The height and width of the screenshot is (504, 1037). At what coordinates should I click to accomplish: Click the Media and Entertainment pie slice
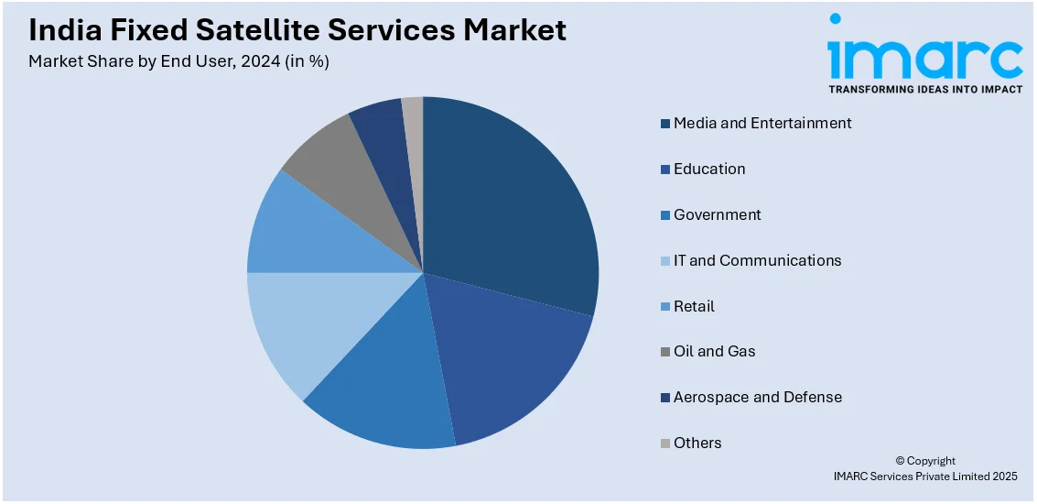click(x=513, y=202)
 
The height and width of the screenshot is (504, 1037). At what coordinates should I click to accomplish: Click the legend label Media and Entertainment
click(x=762, y=123)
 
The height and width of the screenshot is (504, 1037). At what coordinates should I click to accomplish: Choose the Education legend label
click(x=709, y=169)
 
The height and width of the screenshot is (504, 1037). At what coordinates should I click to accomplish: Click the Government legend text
click(x=718, y=214)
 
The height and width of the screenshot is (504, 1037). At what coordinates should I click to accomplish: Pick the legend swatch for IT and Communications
click(x=665, y=261)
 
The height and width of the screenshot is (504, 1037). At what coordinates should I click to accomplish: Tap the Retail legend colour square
click(x=665, y=307)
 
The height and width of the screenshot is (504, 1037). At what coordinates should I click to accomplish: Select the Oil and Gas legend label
click(x=715, y=351)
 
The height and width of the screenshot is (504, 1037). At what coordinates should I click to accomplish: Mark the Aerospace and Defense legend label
click(x=758, y=397)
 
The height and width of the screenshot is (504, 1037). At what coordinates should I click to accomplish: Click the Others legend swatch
click(x=665, y=444)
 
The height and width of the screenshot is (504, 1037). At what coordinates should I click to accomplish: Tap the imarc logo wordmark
click(x=924, y=57)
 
